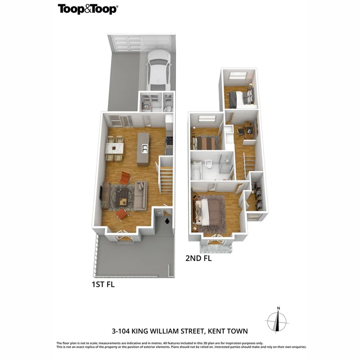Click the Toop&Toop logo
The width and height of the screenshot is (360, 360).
pyautogui.click(x=88, y=9)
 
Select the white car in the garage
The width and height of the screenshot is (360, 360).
pyautogui.click(x=158, y=71)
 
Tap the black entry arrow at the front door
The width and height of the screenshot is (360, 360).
pyautogui.click(x=167, y=220)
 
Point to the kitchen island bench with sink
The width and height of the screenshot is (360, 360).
pyautogui.click(x=143, y=149)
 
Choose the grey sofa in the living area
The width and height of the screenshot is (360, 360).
pyautogui.click(x=140, y=196)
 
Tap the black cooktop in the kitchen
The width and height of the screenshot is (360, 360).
pyautogui.click(x=169, y=141)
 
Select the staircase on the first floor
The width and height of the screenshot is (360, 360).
pyautogui.click(x=166, y=179)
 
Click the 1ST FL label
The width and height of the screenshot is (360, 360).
pyautogui.click(x=103, y=285)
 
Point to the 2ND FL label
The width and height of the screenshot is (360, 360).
pyautogui.click(x=198, y=258)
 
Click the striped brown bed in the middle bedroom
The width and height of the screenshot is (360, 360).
pyautogui.click(x=206, y=142)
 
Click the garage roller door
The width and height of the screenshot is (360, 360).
pyautogui.click(x=142, y=42)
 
